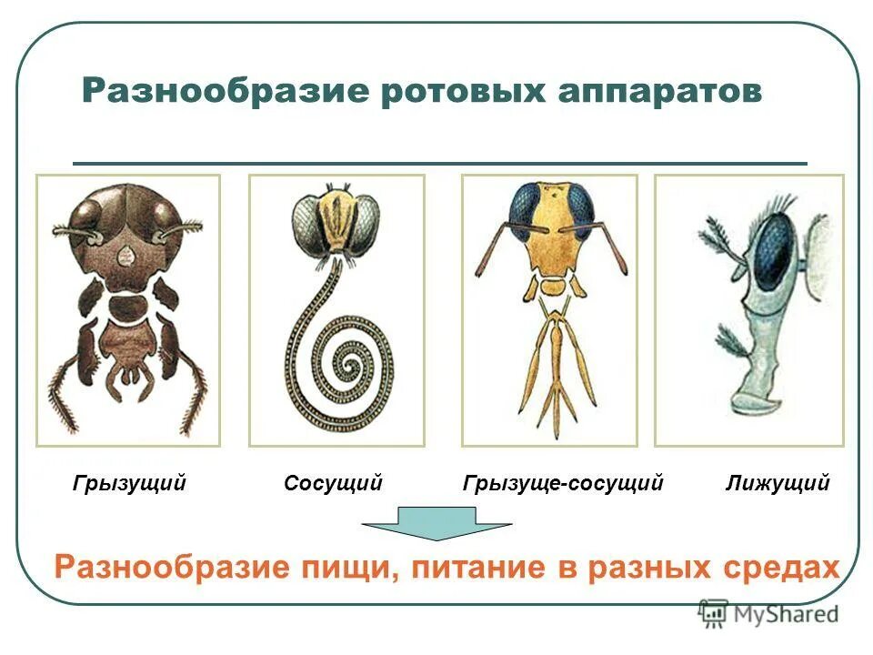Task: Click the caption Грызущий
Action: tap(129, 483)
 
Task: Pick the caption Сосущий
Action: tap(333, 483)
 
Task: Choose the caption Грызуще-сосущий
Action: tap(563, 483)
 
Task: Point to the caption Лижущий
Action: tap(778, 483)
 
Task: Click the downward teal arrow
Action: tap(436, 527)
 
